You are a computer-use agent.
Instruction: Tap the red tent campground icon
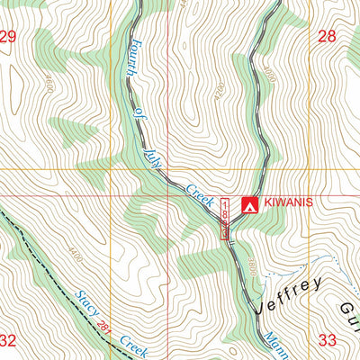tap(249, 204)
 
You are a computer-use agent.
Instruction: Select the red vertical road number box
tap(226, 219)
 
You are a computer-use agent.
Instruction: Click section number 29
tap(9, 37)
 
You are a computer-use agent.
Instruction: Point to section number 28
tap(326, 37)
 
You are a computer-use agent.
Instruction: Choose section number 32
tap(9, 340)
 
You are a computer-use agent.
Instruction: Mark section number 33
tap(326, 340)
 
